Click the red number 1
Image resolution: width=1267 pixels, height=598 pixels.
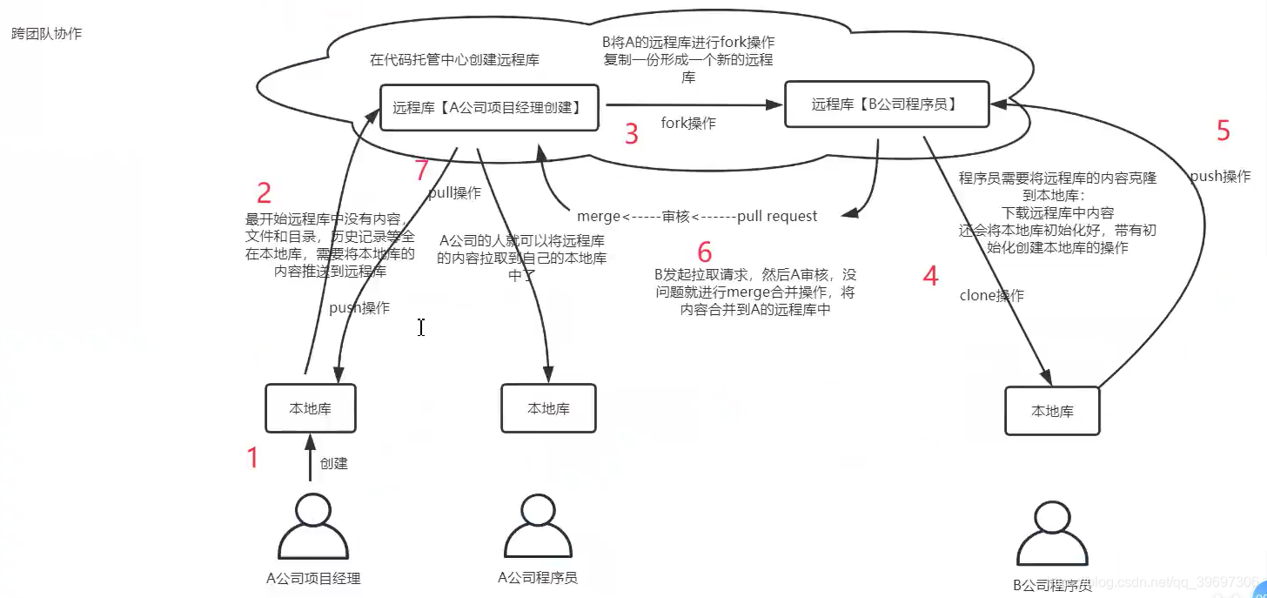[x=253, y=457]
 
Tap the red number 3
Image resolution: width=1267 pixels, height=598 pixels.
[x=632, y=134]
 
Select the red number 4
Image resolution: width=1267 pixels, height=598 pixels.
[x=931, y=277]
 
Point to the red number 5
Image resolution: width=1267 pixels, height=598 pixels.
[x=1223, y=131]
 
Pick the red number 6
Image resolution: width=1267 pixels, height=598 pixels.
[x=705, y=253]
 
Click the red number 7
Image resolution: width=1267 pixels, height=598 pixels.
[x=422, y=171]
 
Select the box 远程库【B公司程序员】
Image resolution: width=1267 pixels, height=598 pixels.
[x=887, y=104]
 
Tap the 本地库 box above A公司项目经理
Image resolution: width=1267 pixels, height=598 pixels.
[x=311, y=408]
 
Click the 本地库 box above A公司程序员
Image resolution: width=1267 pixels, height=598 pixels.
[x=548, y=408]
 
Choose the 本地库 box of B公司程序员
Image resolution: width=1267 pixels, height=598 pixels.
[x=1052, y=411]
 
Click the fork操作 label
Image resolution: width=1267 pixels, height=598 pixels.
[x=688, y=124]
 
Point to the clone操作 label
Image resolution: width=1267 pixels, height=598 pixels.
[x=991, y=296]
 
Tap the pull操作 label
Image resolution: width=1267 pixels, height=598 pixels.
[x=454, y=193]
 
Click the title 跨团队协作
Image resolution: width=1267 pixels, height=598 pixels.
[x=46, y=34]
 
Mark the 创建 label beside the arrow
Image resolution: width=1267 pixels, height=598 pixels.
[x=333, y=464]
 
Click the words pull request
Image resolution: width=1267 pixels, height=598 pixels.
[x=777, y=216]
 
